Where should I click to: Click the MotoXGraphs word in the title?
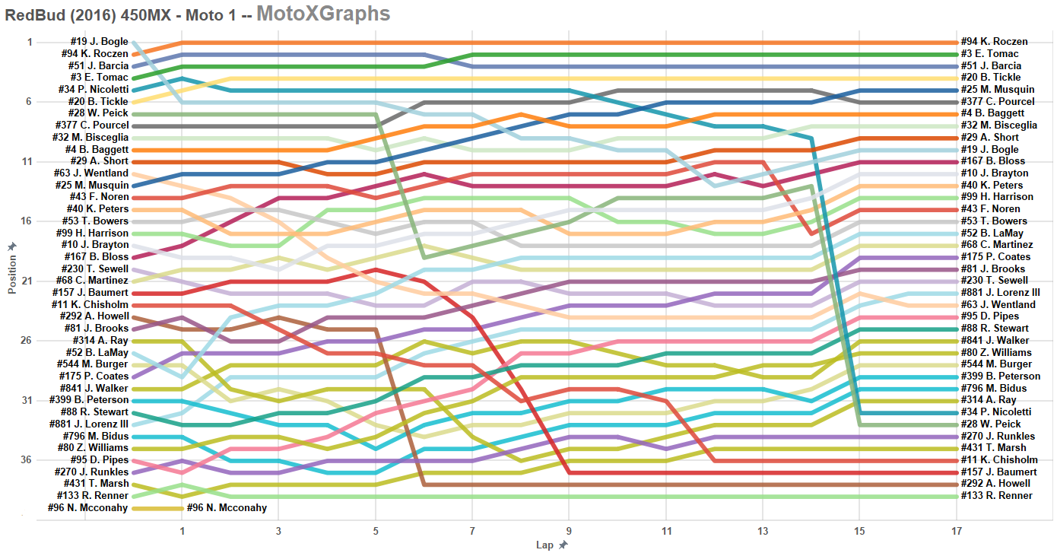(323, 13)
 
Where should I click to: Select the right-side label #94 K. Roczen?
(994, 42)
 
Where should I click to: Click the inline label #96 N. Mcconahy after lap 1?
(227, 507)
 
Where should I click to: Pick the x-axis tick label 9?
(569, 531)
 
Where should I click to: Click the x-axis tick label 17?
(956, 531)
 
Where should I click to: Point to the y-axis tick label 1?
(30, 42)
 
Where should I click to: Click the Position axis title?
(12, 269)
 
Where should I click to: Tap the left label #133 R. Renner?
(93, 495)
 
